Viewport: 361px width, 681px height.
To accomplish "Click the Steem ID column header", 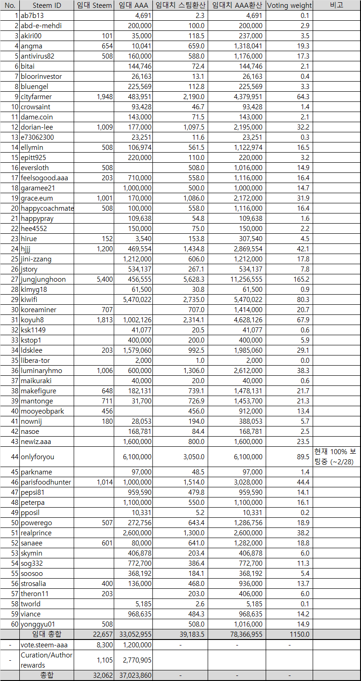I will [47, 6].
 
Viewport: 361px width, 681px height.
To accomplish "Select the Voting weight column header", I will [289, 6].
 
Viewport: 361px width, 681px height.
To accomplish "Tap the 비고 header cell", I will [337, 6].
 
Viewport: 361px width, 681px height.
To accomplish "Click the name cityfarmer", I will [36, 97].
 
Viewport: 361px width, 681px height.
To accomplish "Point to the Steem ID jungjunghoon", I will [43, 279].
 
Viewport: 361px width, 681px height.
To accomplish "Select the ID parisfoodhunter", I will [46, 482].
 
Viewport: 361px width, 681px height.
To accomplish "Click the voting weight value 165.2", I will [302, 279].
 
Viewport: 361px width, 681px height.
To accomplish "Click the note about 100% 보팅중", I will [337, 457].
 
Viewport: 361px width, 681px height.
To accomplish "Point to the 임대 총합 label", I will [47, 634].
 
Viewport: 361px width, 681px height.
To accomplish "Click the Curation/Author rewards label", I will [47, 660].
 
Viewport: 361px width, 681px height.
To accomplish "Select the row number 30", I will [12, 310].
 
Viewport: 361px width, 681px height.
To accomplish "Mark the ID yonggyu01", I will [37, 624].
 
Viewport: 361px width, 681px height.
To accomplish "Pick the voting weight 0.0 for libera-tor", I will [304, 361].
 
